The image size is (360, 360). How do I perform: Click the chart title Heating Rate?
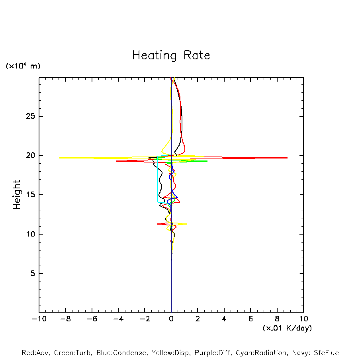click(x=171, y=55)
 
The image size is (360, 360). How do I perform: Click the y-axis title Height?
click(x=17, y=195)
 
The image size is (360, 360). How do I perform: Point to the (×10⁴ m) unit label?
click(x=23, y=66)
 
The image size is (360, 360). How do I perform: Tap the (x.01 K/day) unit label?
click(x=287, y=328)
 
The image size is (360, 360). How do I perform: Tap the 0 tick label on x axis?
click(x=171, y=319)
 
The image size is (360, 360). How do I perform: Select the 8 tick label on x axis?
click(x=277, y=319)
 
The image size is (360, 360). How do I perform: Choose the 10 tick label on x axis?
click(x=303, y=319)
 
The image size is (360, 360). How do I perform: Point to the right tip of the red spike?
click(x=287, y=158)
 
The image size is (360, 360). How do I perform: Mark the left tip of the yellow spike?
click(x=59, y=158)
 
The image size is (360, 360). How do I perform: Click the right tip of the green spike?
click(x=207, y=161)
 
